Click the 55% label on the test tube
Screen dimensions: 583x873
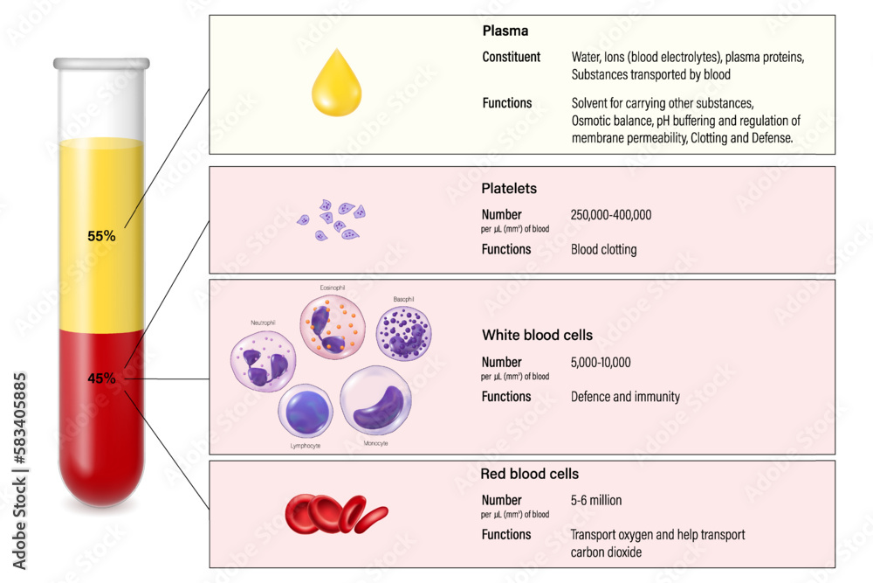click(101, 235)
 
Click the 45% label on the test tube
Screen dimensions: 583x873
click(101, 378)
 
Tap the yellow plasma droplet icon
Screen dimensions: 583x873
click(337, 85)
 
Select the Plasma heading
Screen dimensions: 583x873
click(505, 31)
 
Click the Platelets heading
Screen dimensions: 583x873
click(509, 188)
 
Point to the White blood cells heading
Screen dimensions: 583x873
click(537, 335)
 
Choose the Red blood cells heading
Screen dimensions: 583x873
click(529, 474)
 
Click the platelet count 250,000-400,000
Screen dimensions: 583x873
click(611, 215)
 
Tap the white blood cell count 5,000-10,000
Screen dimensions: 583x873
click(601, 362)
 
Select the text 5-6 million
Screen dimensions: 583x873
click(596, 501)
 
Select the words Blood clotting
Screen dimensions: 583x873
click(603, 249)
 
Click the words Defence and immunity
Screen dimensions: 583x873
click(625, 397)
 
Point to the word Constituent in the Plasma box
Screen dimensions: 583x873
click(512, 57)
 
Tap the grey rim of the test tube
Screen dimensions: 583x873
click(101, 64)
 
